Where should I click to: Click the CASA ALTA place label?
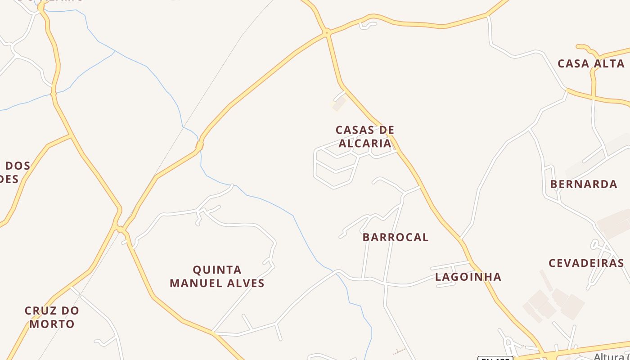591,63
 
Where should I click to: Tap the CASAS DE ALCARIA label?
365,136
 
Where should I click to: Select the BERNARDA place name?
583,184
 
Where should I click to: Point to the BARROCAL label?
396,237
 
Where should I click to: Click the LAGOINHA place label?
468,277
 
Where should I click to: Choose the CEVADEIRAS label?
586,263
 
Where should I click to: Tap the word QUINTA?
217,270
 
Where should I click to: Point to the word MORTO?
52,324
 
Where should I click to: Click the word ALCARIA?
365,143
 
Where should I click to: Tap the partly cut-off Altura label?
611,356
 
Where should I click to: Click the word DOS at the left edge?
18,166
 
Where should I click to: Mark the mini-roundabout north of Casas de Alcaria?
327,32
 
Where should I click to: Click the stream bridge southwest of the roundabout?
199,146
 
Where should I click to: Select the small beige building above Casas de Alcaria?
338,104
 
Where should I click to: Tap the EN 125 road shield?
495,358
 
